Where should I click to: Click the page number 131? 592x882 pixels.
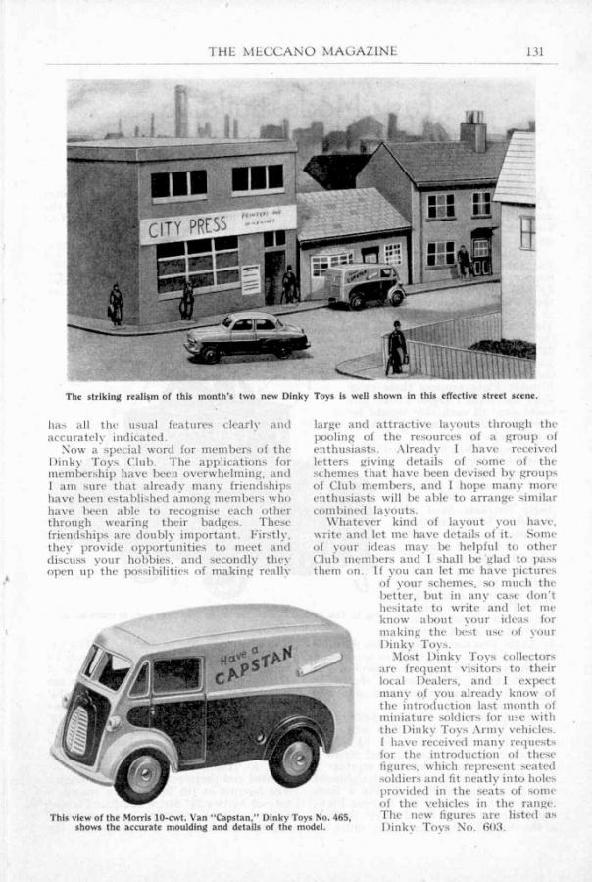tap(534, 51)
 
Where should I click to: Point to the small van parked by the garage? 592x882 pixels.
tap(364, 284)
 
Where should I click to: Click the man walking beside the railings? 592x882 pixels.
tap(396, 347)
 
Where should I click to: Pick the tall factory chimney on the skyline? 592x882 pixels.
tap(180, 110)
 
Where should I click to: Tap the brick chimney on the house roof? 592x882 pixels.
tap(472, 131)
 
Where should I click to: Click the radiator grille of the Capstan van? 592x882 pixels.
tap(74, 729)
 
